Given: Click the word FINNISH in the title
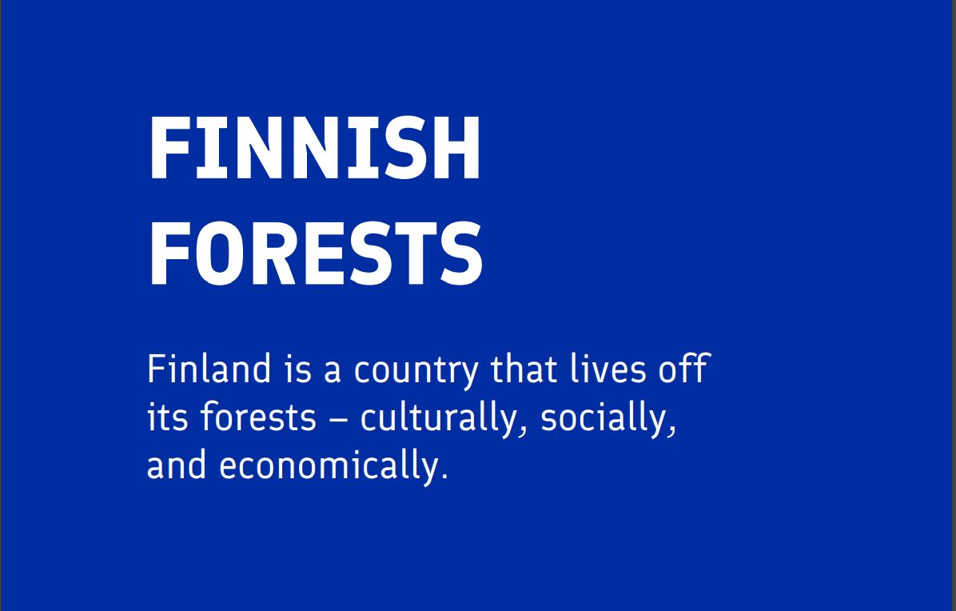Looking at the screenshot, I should pos(314,150).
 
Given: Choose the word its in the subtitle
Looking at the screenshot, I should pos(165,418).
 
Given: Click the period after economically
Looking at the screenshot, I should pos(444,477).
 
